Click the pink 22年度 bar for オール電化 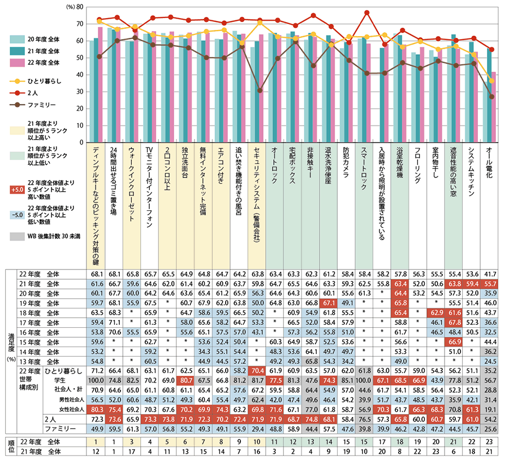(494, 107)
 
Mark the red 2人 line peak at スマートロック (366, 12)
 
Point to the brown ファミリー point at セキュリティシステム (260, 90)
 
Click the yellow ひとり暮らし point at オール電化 (491, 81)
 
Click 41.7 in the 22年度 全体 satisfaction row (490, 273)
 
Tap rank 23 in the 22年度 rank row (490, 441)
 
